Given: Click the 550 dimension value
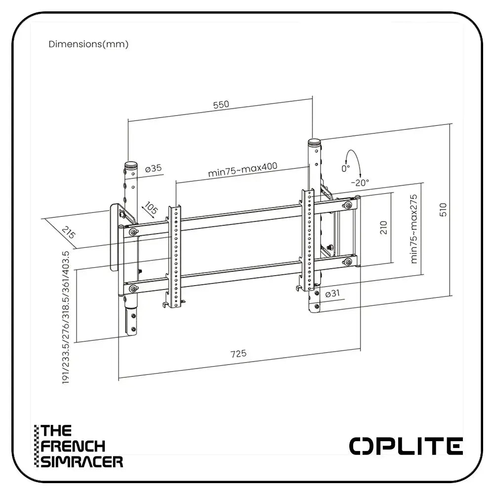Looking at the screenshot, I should click(221, 105).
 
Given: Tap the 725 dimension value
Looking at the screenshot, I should click(238, 354).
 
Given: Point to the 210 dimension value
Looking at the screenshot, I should click(384, 227).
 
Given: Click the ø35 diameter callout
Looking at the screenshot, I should click(154, 168).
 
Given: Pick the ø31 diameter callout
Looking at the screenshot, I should click(332, 294).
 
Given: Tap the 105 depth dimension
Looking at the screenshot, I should click(150, 209).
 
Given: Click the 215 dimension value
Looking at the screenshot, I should click(69, 233).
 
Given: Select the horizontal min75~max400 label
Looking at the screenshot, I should click(242, 169).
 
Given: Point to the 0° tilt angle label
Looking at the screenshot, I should click(345, 168).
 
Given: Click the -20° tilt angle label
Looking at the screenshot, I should click(360, 182).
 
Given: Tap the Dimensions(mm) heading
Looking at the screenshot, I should click(88, 44).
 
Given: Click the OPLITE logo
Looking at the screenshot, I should click(406, 446).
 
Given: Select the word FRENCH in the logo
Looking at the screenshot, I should click(73, 446).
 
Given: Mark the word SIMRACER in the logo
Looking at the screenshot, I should click(82, 462).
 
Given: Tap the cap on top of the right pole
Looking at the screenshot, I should click(314, 143).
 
